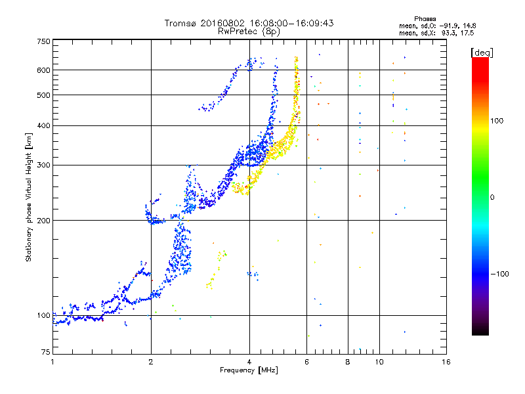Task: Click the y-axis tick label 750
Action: pyautogui.click(x=43, y=41)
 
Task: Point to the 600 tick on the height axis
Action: pyautogui.click(x=43, y=70)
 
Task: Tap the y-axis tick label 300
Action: pyautogui.click(x=43, y=165)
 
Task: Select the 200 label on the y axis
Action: pyautogui.click(x=43, y=220)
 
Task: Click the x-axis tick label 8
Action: pyautogui.click(x=348, y=362)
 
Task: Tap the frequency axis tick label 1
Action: pyautogui.click(x=52, y=362)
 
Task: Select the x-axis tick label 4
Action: pyautogui.click(x=249, y=362)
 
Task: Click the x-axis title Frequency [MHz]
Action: pyautogui.click(x=249, y=370)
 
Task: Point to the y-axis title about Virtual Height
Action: pyautogui.click(x=29, y=197)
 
